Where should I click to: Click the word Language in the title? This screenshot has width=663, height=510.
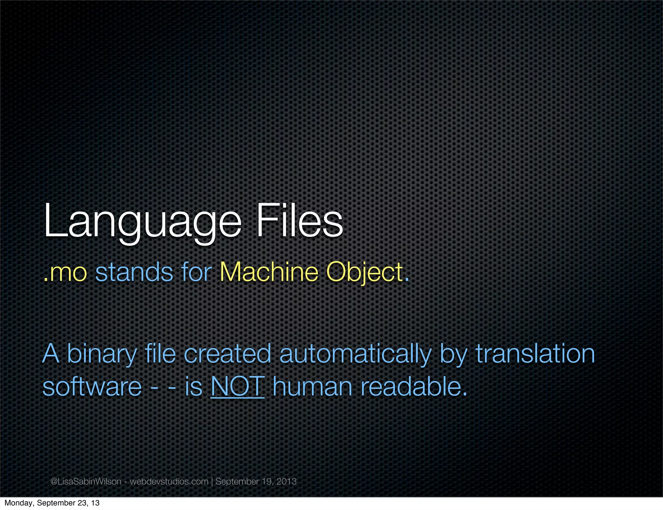point(142,222)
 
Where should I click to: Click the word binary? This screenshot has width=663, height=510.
point(102,354)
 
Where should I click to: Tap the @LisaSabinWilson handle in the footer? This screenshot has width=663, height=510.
point(86,482)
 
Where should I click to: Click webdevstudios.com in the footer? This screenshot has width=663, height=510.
point(169,482)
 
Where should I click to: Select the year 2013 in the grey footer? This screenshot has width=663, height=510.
point(287,482)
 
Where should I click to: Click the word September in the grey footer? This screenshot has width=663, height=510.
point(237,482)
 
